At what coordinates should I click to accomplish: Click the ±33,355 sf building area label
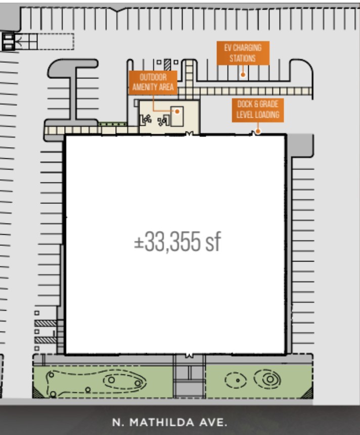click(177, 242)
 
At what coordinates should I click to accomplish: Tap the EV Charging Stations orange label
click(243, 53)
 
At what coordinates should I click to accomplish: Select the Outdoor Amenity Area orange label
click(153, 82)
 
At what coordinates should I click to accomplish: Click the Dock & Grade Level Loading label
click(258, 110)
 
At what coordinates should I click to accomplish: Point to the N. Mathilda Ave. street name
click(170, 422)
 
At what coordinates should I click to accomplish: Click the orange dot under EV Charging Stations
click(243, 75)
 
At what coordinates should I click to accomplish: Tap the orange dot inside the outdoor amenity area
click(177, 111)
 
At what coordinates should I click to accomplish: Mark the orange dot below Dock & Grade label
click(258, 132)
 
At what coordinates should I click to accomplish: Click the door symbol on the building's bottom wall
click(189, 355)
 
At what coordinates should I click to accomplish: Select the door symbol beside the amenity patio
click(190, 134)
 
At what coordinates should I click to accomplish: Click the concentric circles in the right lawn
click(267, 379)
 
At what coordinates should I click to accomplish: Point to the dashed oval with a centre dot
click(236, 380)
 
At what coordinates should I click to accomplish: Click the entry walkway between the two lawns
click(189, 376)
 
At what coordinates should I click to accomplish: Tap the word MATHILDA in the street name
click(162, 422)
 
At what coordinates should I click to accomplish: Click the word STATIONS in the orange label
click(243, 58)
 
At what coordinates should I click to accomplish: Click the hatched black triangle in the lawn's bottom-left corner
click(38, 392)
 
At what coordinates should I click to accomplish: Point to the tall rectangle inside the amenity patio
click(176, 116)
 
